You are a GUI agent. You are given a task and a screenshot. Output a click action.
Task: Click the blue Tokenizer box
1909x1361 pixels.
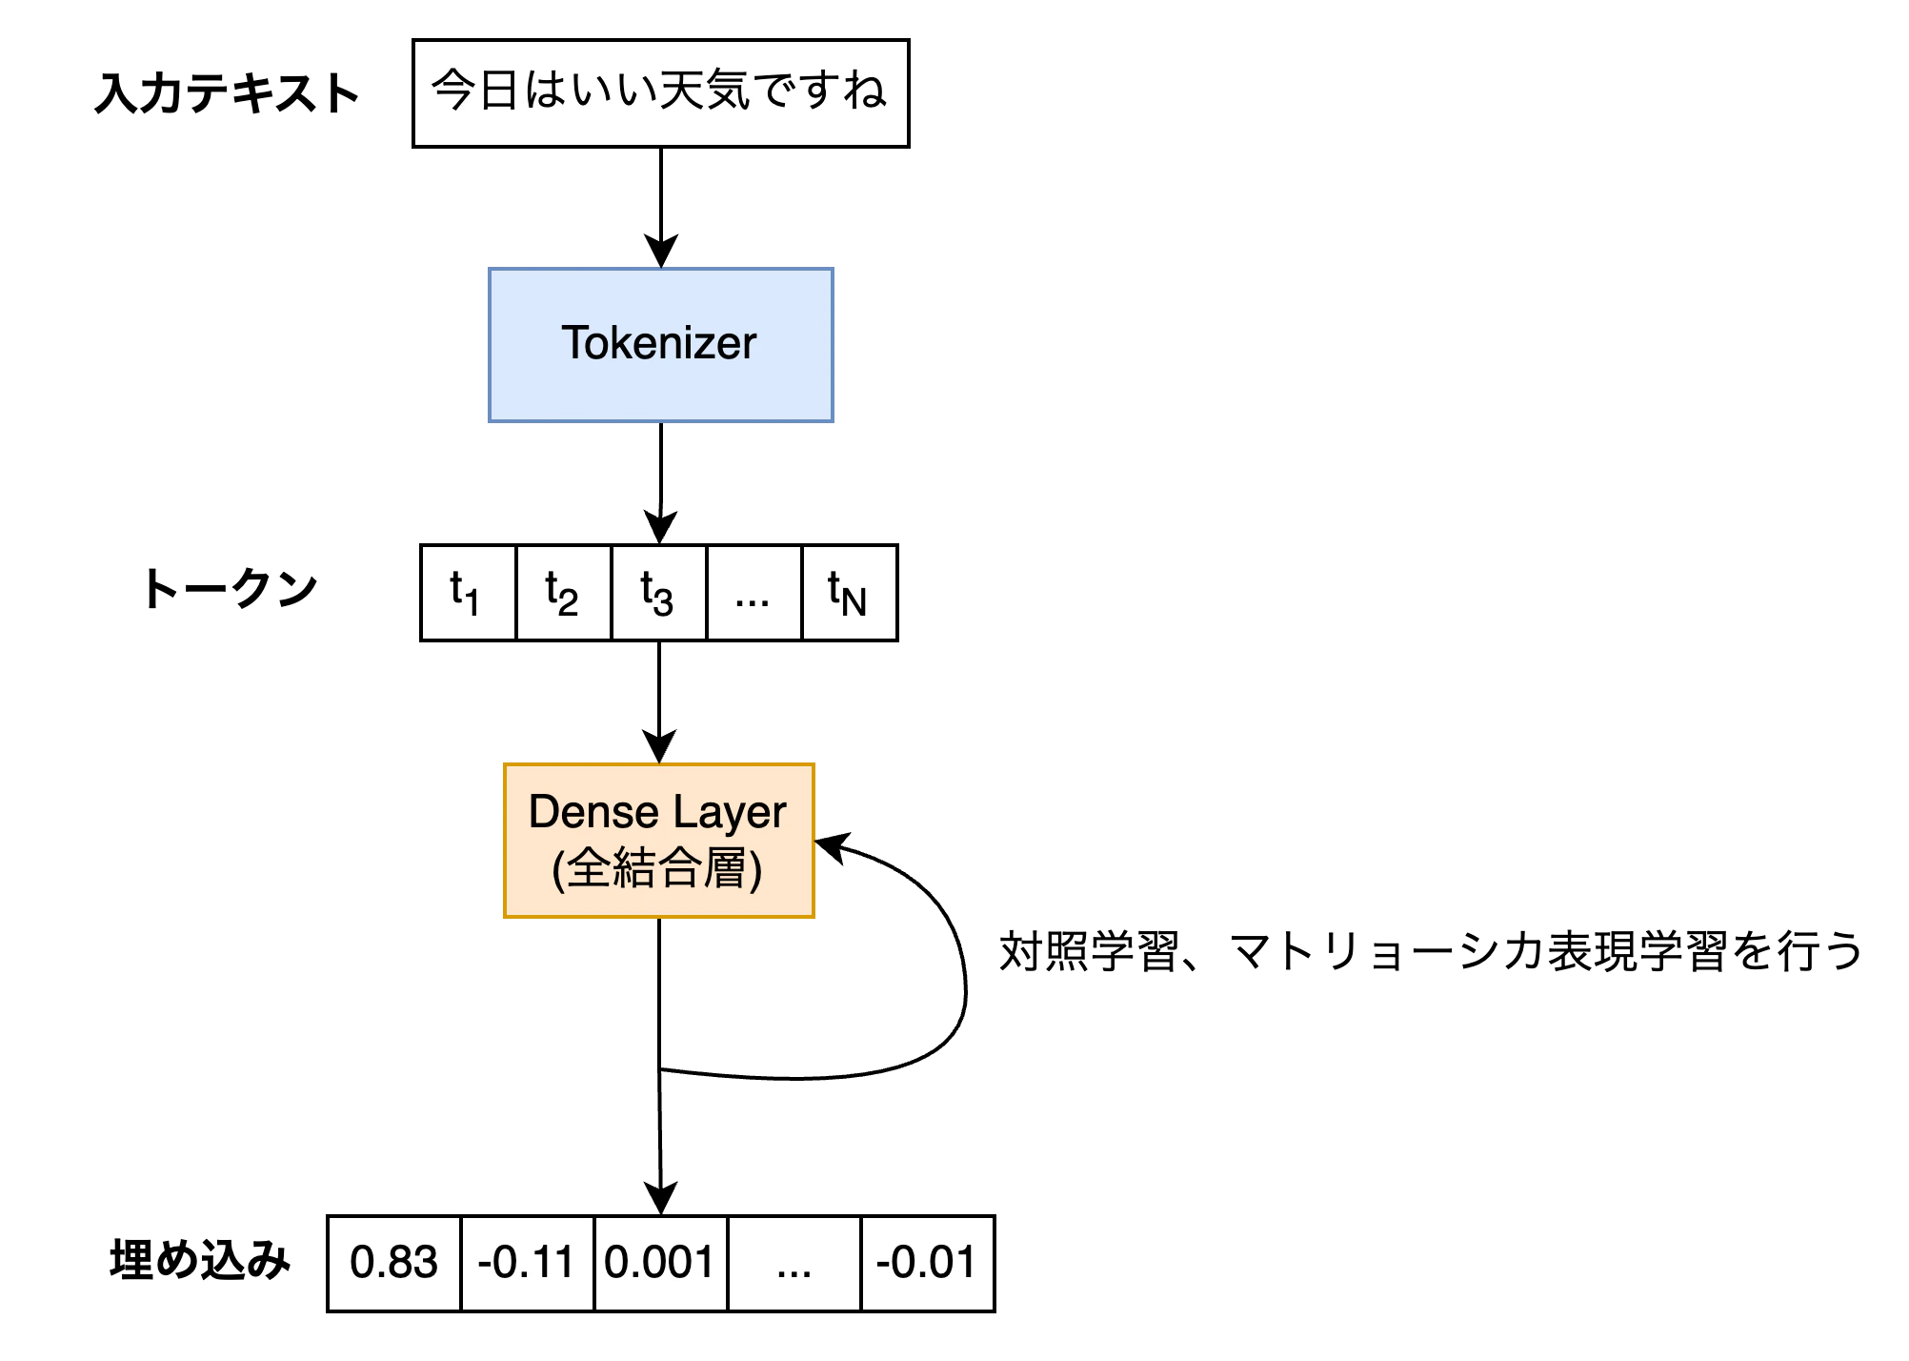pyautogui.click(x=661, y=345)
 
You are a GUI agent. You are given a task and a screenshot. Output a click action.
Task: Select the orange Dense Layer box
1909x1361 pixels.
pyautogui.click(x=659, y=841)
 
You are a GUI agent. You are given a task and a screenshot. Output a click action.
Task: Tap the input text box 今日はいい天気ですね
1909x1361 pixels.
pyautogui.click(x=661, y=93)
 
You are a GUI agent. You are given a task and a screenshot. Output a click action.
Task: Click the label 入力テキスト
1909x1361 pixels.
pyautogui.click(x=227, y=93)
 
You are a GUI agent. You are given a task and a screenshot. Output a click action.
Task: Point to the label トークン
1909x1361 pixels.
pyautogui.click(x=230, y=588)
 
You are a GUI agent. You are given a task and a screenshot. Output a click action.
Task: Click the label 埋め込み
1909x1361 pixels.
pyautogui.click(x=200, y=1260)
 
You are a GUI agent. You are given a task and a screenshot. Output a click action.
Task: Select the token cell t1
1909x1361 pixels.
pyautogui.click(x=468, y=593)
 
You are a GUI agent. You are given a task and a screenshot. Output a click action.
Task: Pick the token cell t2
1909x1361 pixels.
pyautogui.click(x=563, y=593)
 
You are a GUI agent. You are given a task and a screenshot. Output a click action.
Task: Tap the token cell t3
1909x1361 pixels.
pyautogui.click(x=658, y=593)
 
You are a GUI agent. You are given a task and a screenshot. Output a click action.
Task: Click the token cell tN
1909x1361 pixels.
pyautogui.click(x=850, y=593)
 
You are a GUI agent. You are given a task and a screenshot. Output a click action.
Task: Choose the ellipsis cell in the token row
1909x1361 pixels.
pyautogui.click(x=754, y=593)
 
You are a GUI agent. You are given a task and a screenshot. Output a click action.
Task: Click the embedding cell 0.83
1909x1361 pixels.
pyautogui.click(x=394, y=1264)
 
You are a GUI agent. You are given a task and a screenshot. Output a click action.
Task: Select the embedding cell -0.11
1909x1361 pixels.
pyautogui.click(x=528, y=1264)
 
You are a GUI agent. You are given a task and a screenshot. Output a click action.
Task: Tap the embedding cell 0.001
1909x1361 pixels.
pyautogui.click(x=661, y=1264)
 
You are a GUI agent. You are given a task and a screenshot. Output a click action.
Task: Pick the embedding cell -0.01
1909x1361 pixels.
pyautogui.click(x=928, y=1264)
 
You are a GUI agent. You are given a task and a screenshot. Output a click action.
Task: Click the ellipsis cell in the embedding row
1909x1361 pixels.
pyautogui.click(x=794, y=1264)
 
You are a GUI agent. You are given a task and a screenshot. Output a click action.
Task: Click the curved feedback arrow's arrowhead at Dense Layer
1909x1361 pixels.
pyautogui.click(x=831, y=846)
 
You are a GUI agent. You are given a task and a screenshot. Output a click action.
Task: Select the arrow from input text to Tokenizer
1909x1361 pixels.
pyautogui.click(x=661, y=208)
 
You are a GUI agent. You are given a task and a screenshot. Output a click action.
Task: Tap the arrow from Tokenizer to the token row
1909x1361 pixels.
pyautogui.click(x=661, y=483)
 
